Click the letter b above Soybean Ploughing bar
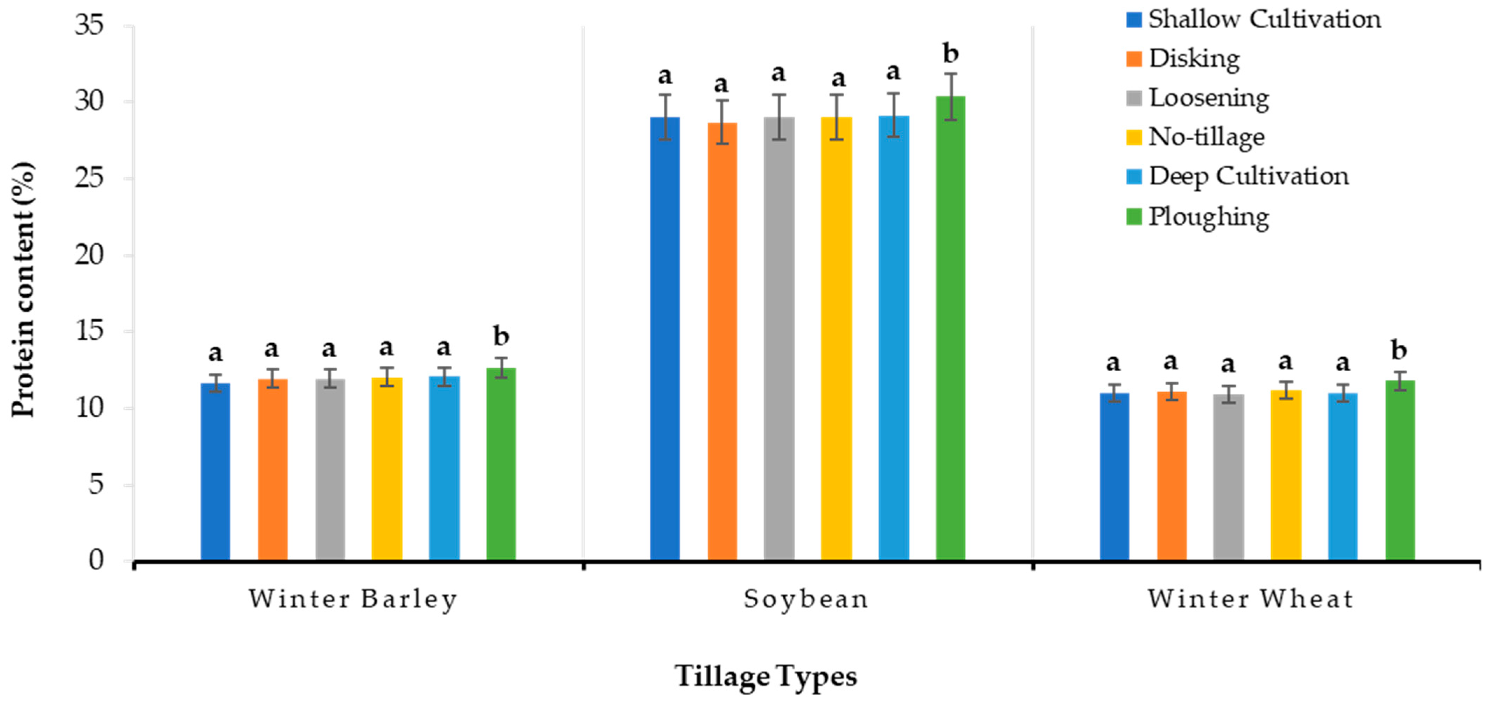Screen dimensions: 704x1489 (x=950, y=54)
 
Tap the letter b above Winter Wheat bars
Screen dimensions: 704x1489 (x=1399, y=350)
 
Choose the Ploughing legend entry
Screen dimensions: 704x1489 (x=1208, y=217)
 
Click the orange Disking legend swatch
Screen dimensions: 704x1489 (x=1133, y=59)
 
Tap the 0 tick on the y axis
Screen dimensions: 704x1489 (x=96, y=560)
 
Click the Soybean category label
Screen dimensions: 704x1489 (x=806, y=599)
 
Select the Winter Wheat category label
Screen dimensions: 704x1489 (x=1251, y=599)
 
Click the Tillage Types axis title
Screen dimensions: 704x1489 (x=766, y=676)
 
